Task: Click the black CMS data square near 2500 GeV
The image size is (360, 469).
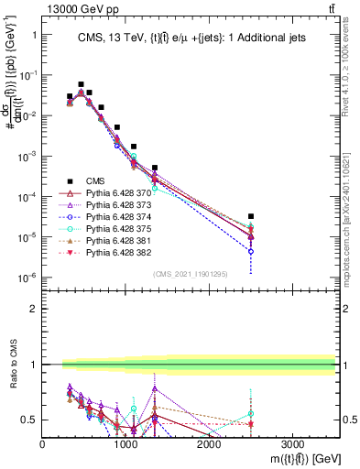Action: tap(251, 217)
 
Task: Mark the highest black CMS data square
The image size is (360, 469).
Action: tap(81, 84)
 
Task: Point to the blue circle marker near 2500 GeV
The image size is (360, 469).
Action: tap(251, 251)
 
